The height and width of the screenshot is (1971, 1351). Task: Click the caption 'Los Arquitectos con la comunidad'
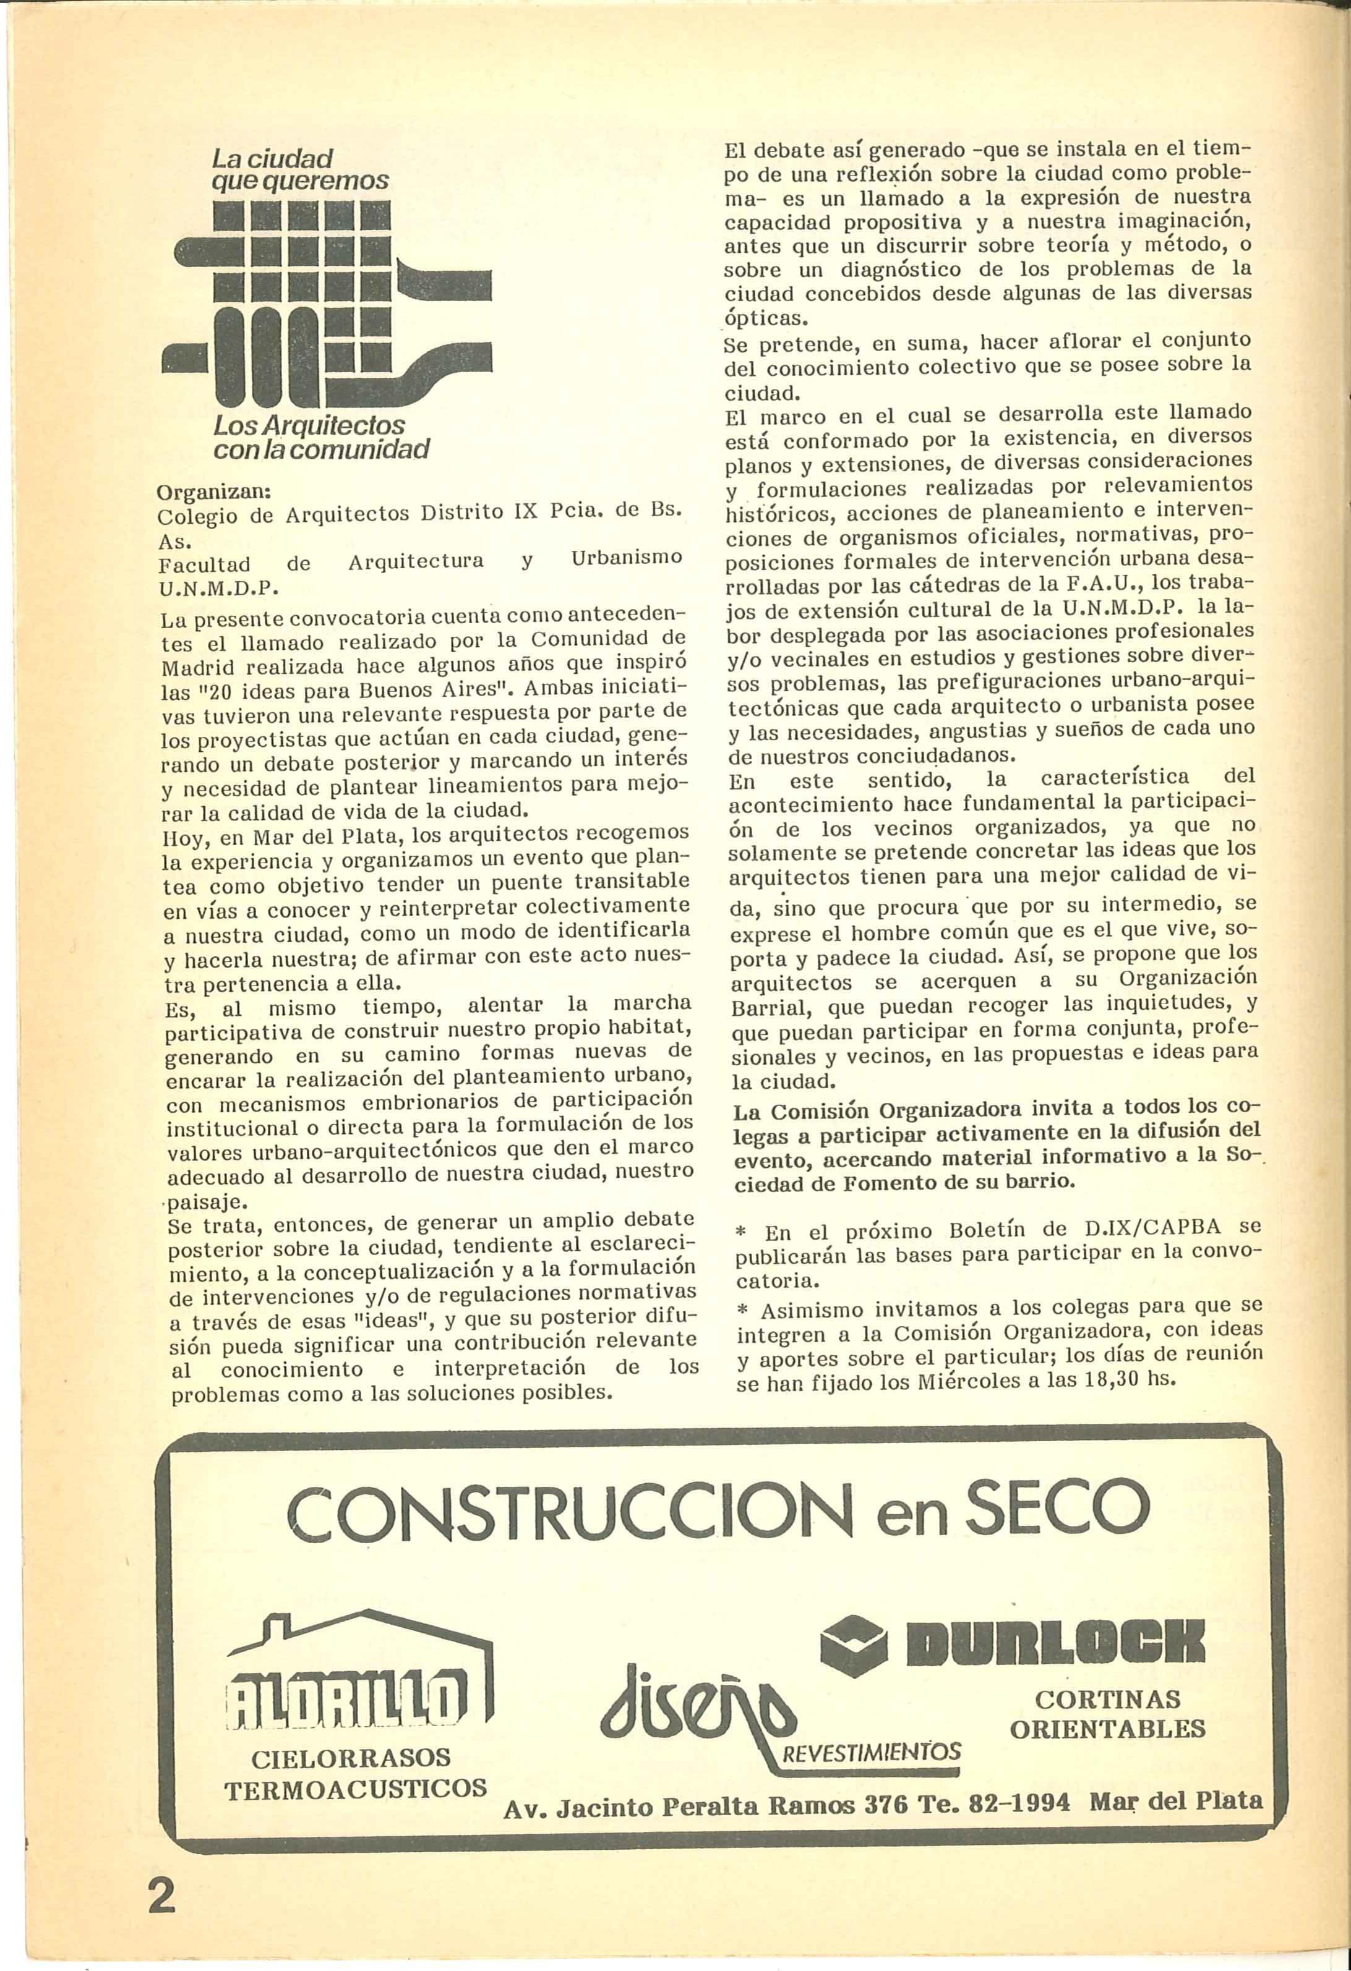click(x=321, y=436)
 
